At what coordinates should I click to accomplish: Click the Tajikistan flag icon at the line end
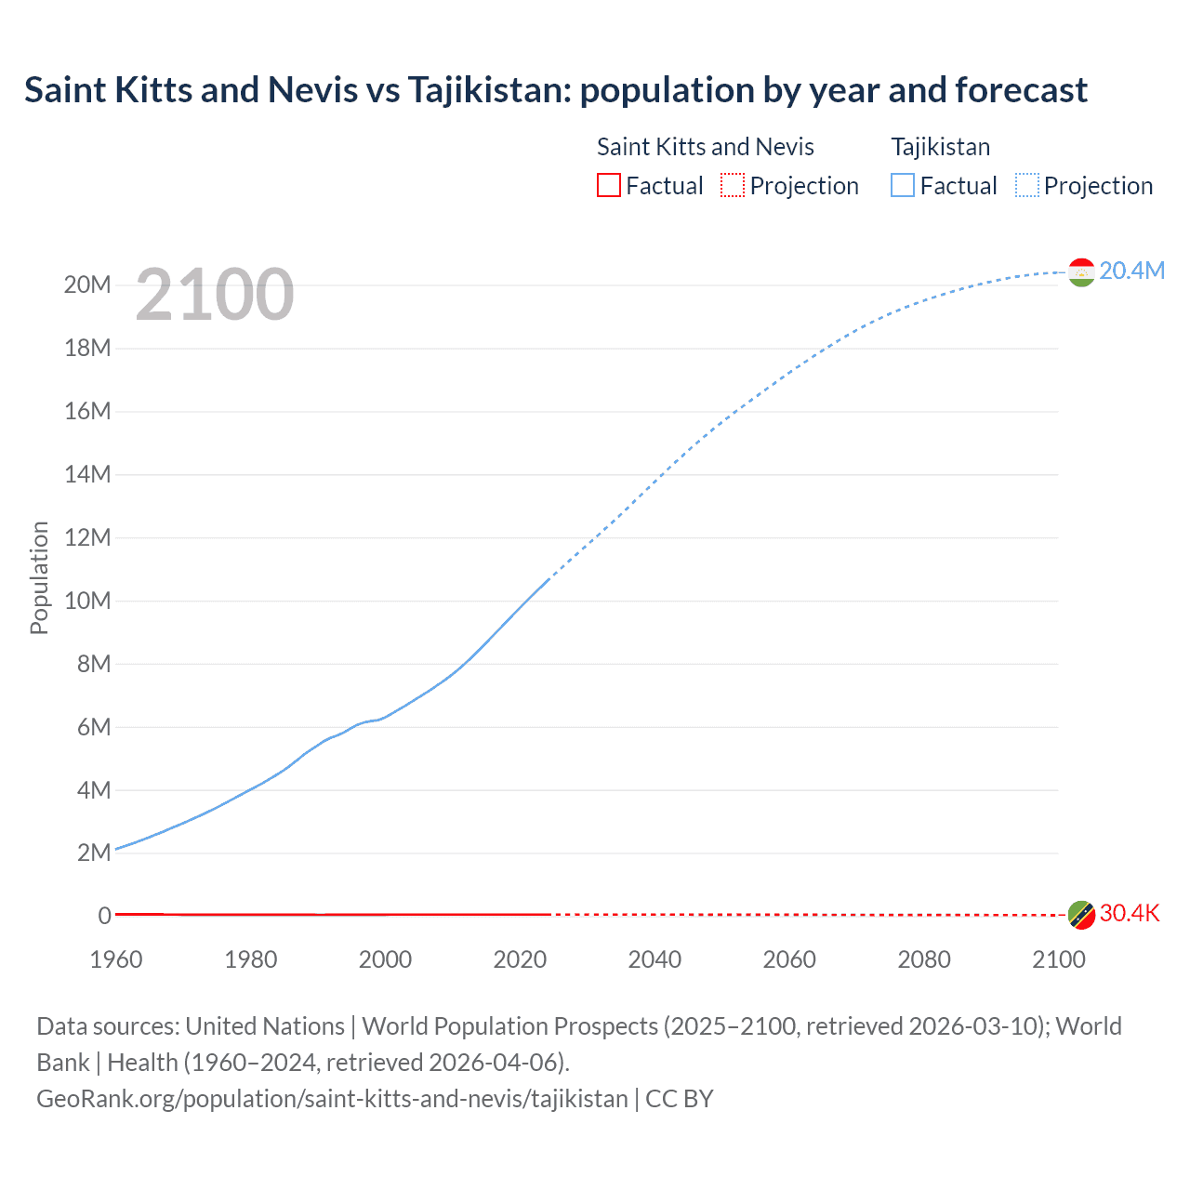click(x=1081, y=271)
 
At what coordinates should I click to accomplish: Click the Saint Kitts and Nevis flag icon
click(x=1081, y=915)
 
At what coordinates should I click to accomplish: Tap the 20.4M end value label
click(x=1131, y=271)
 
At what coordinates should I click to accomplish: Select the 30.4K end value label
click(x=1130, y=913)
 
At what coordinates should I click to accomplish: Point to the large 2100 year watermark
click(x=215, y=295)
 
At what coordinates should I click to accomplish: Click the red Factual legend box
click(x=608, y=185)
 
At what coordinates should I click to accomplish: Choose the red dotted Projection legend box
click(x=733, y=185)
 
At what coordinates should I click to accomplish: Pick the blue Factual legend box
click(x=903, y=185)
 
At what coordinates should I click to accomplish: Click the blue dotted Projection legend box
click(x=1027, y=185)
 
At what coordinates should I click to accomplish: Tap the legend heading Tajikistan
click(x=940, y=147)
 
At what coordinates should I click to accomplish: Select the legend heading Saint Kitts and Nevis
click(x=705, y=147)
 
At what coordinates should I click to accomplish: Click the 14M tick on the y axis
click(x=87, y=474)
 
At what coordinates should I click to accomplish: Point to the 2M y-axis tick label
click(x=94, y=853)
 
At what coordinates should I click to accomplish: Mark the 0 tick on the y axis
click(x=104, y=916)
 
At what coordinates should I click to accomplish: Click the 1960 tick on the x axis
click(x=116, y=959)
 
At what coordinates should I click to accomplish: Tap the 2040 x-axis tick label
click(x=654, y=959)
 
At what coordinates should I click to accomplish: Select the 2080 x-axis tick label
click(x=924, y=959)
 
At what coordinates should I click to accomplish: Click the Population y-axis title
click(x=39, y=577)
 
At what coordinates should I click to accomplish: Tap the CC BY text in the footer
click(x=680, y=1099)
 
